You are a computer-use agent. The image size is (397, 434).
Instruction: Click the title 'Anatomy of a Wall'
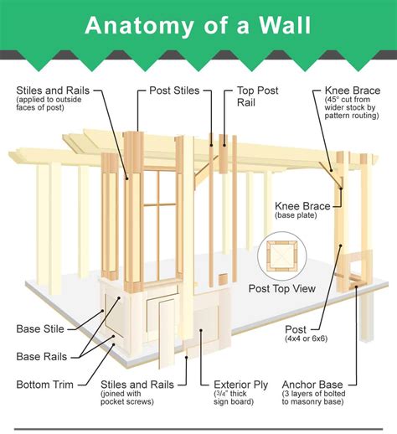coord(198,25)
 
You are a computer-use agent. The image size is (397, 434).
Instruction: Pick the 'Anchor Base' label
coord(319,385)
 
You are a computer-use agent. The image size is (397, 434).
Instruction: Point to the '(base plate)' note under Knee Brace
coord(297,215)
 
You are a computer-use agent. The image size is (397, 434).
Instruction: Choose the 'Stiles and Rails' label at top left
coord(54,90)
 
